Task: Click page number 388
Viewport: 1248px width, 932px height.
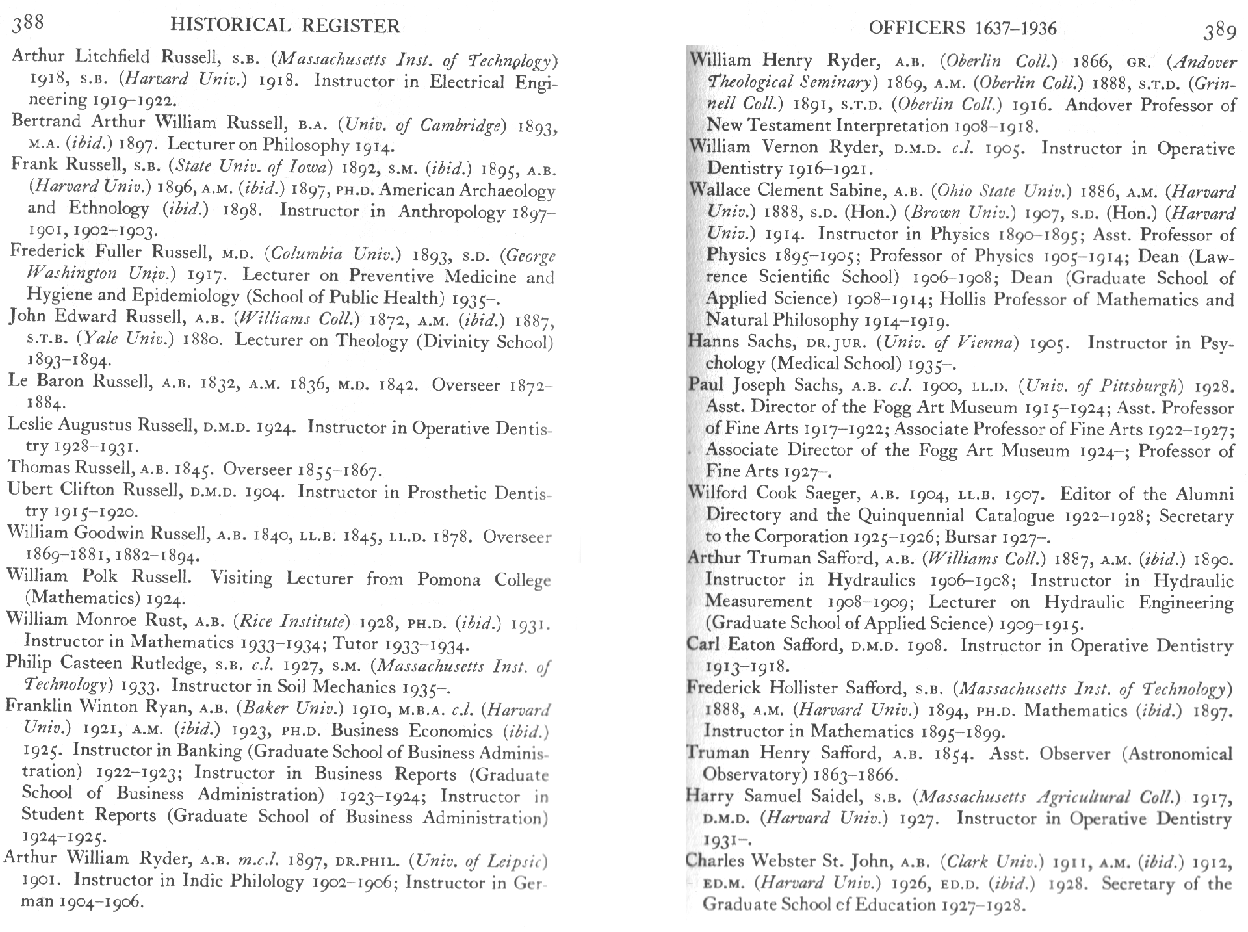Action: click(28, 24)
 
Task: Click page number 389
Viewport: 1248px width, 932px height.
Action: click(1219, 31)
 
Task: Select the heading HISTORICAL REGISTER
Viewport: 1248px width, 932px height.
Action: click(285, 25)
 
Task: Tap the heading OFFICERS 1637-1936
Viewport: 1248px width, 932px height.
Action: click(962, 28)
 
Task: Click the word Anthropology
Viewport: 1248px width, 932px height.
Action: click(451, 212)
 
